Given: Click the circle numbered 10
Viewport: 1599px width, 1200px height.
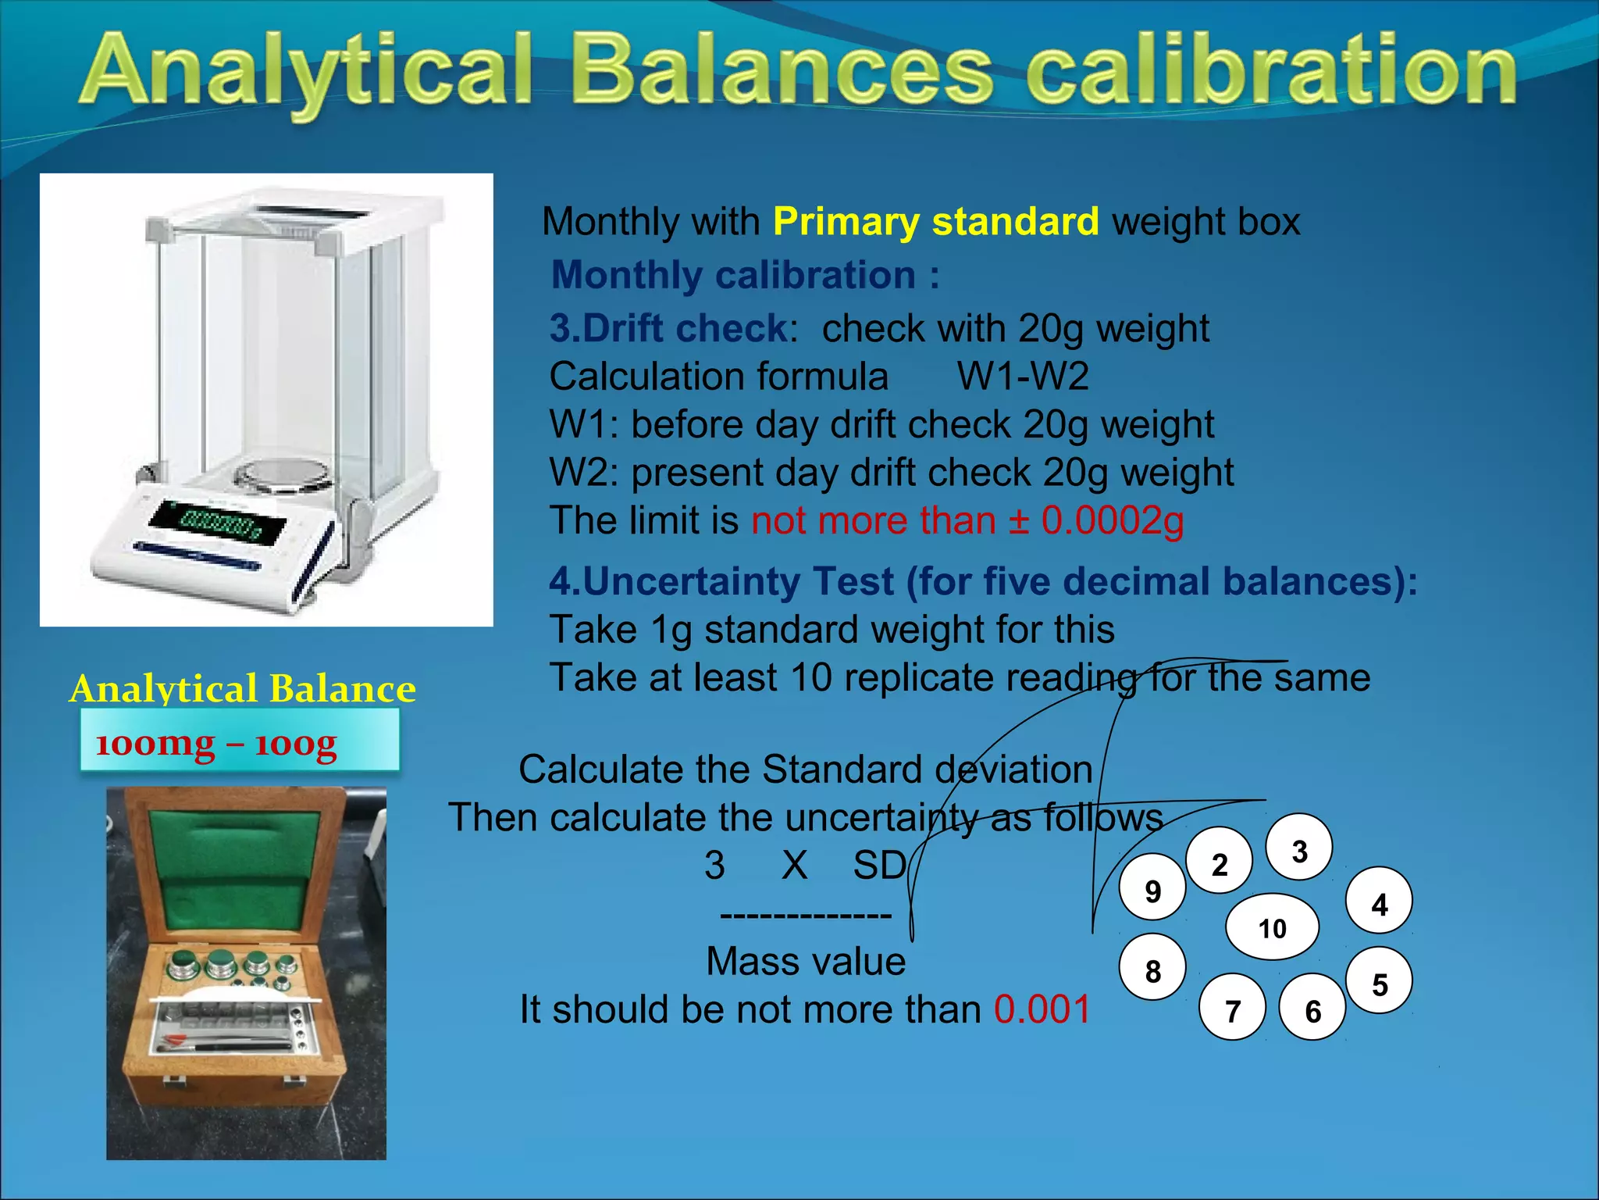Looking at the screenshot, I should coord(1272,927).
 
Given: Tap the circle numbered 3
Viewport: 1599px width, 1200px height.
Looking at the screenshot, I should coord(1298,849).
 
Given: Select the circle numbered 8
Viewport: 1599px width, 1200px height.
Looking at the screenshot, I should coord(1152,970).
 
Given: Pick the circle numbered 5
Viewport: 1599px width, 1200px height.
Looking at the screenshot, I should coord(1379,983).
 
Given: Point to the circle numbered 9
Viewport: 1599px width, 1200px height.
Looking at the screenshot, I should coord(1152,889).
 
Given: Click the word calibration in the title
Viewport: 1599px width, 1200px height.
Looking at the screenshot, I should coord(1270,72).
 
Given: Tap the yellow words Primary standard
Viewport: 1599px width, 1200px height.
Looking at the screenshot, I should coord(935,222).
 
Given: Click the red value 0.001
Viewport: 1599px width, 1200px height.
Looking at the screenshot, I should coord(1042,1009).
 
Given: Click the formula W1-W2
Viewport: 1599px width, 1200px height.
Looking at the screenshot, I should coord(1022,377).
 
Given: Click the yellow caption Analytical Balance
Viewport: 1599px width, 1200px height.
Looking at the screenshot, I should coord(242,689).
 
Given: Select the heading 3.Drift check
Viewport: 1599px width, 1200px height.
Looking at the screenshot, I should coord(670,328).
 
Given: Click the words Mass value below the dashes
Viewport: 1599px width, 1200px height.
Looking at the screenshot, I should coord(805,961).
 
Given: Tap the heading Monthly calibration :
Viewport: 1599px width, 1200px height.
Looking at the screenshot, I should coord(744,275).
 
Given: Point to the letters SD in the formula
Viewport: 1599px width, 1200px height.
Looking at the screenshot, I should coord(878,866).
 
